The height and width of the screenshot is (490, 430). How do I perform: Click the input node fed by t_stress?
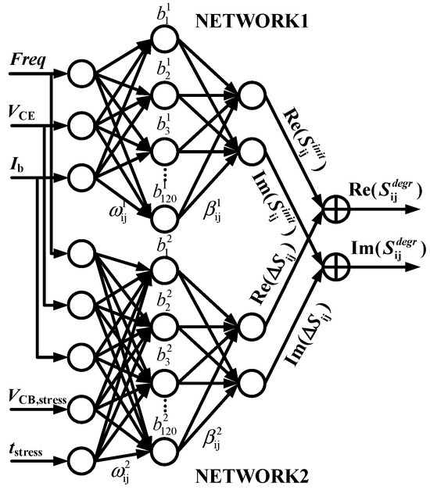tap(80, 456)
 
